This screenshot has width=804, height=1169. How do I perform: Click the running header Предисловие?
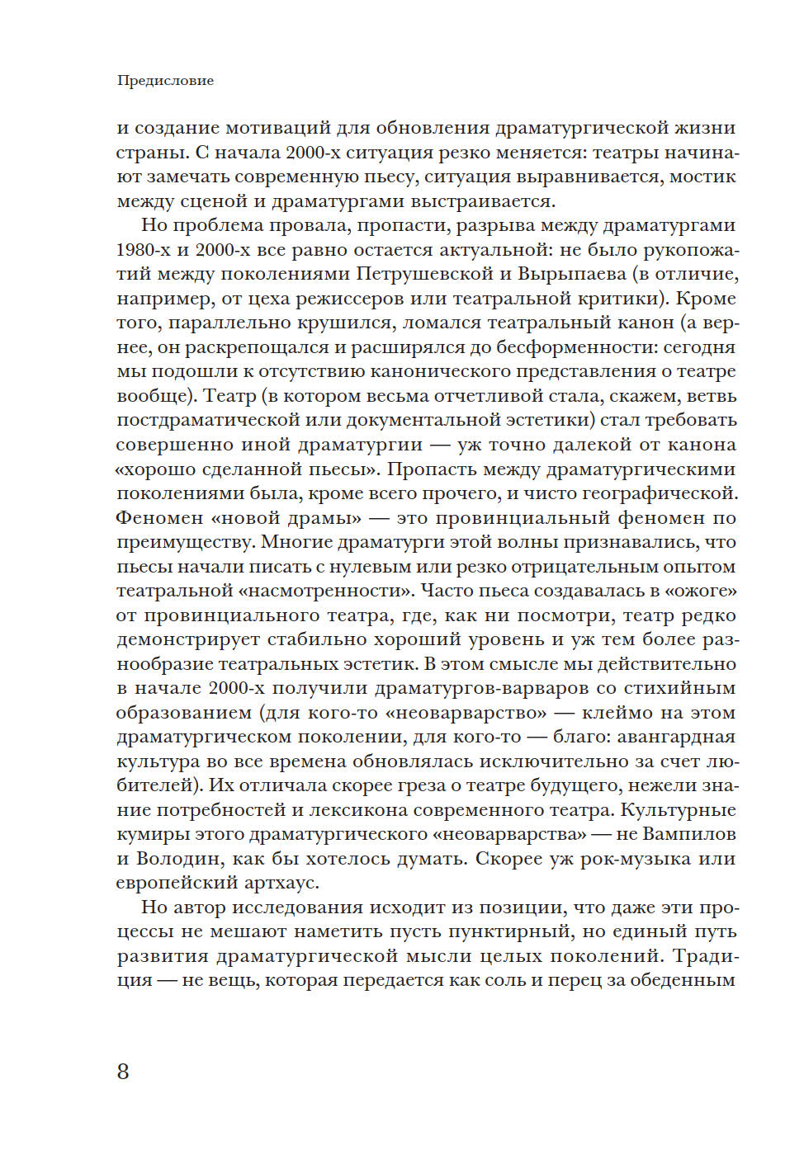[x=165, y=81]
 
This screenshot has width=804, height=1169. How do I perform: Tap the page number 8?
[x=123, y=1071]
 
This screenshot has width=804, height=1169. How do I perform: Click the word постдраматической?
[x=220, y=420]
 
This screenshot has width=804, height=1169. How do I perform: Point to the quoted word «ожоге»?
[x=700, y=591]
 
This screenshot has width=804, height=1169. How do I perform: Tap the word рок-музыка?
[x=632, y=859]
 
